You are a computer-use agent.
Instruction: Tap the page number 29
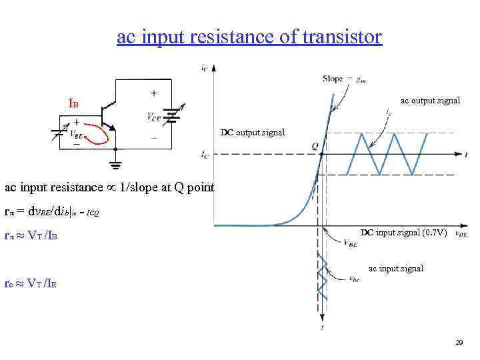tap(459, 343)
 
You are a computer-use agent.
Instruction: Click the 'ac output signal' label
tap(429, 101)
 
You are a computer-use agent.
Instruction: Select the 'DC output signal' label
tap(252, 132)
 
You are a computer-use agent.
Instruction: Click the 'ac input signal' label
tap(395, 269)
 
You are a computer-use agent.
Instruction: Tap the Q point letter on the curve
tap(313, 145)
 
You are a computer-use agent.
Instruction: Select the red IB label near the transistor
tap(73, 104)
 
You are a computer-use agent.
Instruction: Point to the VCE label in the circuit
tap(153, 117)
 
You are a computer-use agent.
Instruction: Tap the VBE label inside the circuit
tap(77, 133)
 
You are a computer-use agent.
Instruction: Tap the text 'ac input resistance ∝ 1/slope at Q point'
tap(109, 187)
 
